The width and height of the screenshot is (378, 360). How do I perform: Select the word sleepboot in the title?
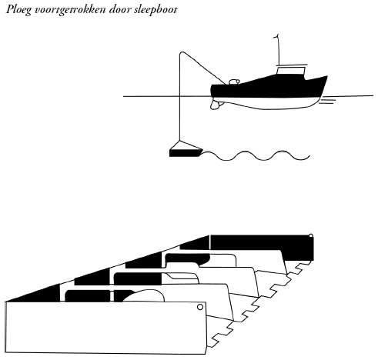pos(156,10)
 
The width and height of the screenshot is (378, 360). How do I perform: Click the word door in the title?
pos(119,10)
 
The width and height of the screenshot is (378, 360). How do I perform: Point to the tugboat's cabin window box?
pos(291,70)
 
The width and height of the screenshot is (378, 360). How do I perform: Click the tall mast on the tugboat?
pos(278,50)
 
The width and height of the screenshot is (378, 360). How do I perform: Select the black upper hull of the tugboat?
pos(268,87)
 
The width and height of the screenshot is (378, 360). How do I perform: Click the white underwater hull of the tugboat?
pos(267,103)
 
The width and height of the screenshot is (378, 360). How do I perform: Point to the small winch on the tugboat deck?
pos(234,82)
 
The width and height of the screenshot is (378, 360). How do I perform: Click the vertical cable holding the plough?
pos(180,98)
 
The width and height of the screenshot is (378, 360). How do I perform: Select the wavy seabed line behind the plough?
pos(256,155)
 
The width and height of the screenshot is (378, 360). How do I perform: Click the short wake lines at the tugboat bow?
pos(327,101)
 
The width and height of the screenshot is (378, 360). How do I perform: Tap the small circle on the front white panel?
pos(200,307)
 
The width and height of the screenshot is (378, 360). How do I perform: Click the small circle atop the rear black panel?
pos(311,236)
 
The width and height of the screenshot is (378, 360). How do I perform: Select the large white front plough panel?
pos(105,328)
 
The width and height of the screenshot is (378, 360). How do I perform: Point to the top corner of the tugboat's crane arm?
pos(182,52)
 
